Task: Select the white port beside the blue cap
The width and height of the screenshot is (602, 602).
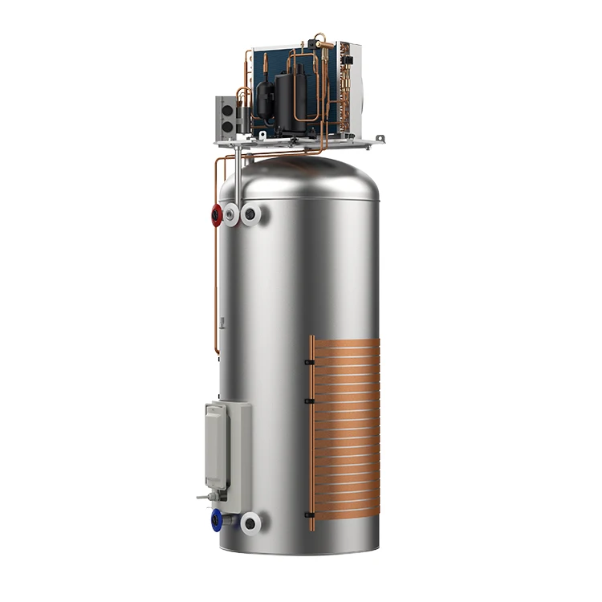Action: tap(250, 524)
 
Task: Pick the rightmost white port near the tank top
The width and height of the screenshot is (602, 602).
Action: tap(253, 215)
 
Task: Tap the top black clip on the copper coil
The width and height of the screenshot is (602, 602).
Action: tap(307, 362)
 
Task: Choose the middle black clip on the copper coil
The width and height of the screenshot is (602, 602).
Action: tap(307, 399)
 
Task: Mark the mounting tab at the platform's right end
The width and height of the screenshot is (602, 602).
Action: tap(372, 143)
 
